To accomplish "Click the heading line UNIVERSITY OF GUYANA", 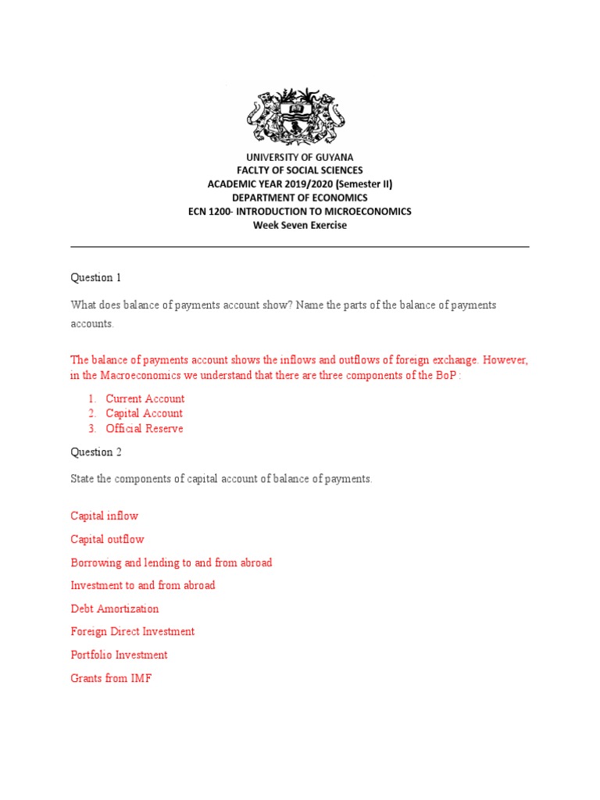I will click(300, 157).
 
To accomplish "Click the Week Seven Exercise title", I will click(300, 225).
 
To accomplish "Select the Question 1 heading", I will click(96, 277).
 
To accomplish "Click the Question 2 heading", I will click(96, 452).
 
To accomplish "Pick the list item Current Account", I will click(145, 398).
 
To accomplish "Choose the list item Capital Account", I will click(145, 413).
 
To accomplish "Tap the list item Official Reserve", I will click(145, 428).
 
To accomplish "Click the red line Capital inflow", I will click(105, 516).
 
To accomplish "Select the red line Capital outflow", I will click(108, 539).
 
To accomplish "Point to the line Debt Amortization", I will click(115, 609).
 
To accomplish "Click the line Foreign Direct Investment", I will click(133, 631).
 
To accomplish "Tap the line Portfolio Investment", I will click(120, 655).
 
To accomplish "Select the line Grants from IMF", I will click(111, 678).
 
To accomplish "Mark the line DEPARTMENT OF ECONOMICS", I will click(300, 198).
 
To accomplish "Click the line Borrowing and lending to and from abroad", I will click(171, 562).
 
